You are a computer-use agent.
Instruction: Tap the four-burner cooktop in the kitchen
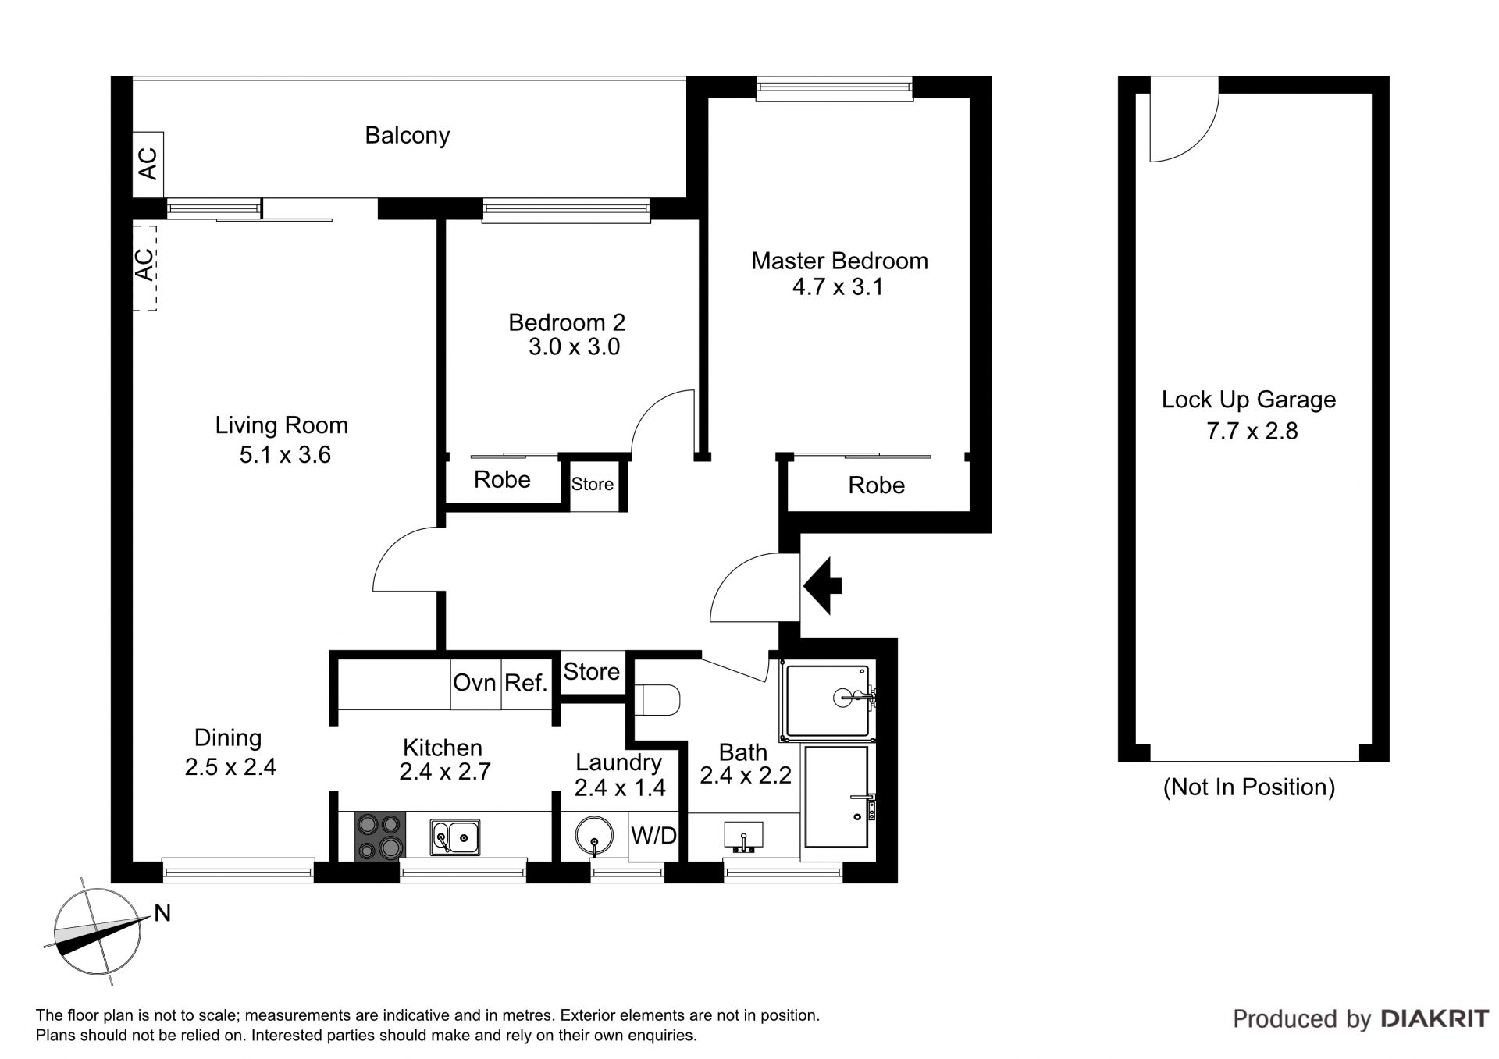pos(381,837)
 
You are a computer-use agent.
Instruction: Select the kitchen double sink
pos(455,837)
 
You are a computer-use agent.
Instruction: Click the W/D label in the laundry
pos(653,836)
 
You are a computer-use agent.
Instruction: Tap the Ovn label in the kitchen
pos(475,683)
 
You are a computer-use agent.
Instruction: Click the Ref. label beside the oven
pos(525,683)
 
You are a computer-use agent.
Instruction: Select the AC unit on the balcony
pos(148,165)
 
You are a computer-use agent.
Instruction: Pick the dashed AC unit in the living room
pos(144,268)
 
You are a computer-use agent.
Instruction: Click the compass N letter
pos(162,912)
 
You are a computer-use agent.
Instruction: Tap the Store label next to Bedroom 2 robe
pos(593,484)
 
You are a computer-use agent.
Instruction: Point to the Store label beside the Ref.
pos(592,671)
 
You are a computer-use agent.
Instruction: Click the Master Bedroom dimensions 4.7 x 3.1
pos(838,287)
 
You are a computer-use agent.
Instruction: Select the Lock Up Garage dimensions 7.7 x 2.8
pos(1252,431)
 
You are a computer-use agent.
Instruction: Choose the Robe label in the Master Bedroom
pos(877,485)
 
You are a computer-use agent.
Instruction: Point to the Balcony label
pos(408,136)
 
